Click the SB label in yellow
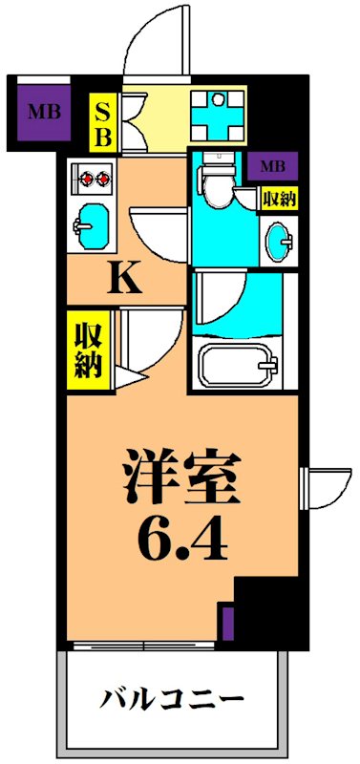[x=101, y=122]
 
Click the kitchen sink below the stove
[x=91, y=218]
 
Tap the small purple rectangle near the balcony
[x=227, y=623]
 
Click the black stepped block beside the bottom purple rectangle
[x=267, y=611]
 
